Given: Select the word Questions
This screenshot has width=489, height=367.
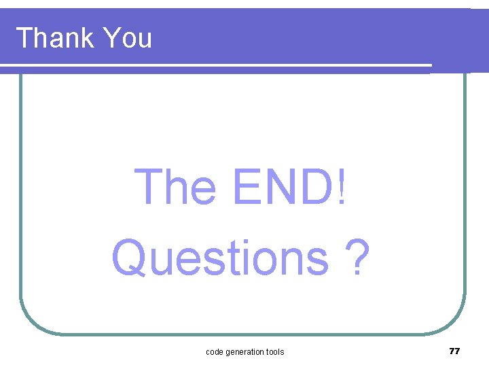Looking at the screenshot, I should [221, 258].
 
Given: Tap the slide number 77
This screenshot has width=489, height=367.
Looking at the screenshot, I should [454, 351].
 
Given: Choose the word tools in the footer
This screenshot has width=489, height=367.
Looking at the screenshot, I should [274, 351].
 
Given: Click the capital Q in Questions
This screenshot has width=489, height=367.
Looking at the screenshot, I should [130, 259].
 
